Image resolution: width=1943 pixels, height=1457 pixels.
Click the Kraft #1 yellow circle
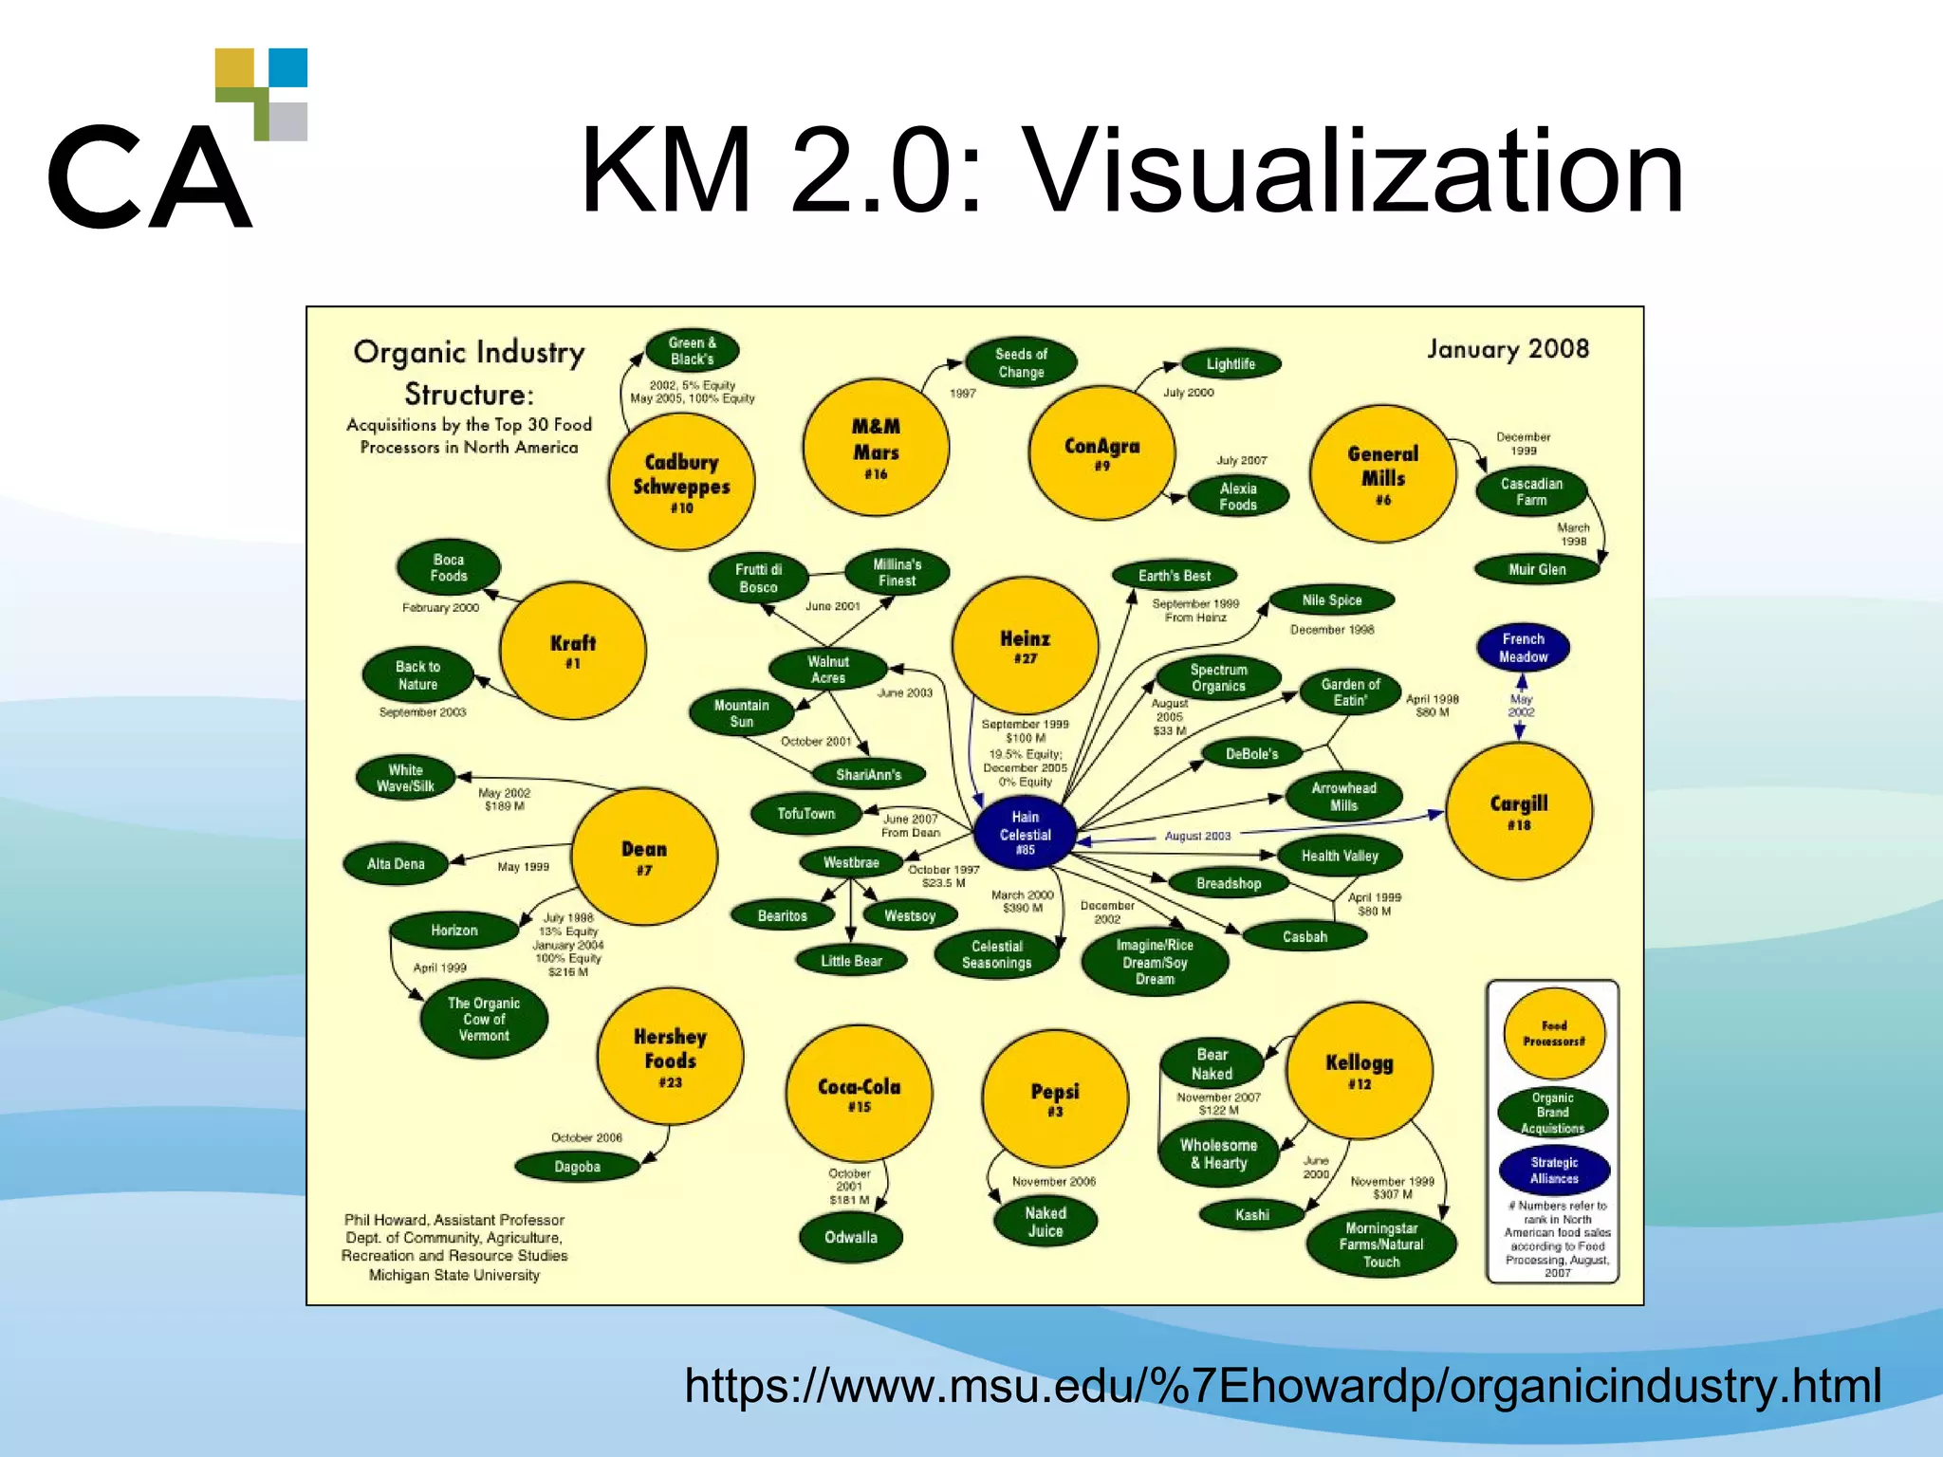tap(572, 651)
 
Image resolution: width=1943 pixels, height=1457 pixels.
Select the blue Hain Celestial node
tap(1025, 833)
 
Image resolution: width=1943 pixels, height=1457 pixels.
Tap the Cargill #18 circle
tap(1519, 811)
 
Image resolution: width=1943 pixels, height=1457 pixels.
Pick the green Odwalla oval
tap(851, 1237)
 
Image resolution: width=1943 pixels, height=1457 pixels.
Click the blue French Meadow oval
tap(1523, 648)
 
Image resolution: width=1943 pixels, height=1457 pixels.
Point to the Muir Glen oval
tap(1537, 569)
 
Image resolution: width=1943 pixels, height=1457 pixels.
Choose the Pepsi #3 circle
tap(1055, 1098)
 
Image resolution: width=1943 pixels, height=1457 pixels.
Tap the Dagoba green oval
tap(577, 1167)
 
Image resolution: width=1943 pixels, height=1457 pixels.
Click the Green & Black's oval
tap(692, 351)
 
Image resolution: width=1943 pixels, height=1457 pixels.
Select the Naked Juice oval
tap(1046, 1222)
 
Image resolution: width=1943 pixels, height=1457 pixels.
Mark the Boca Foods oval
tap(449, 567)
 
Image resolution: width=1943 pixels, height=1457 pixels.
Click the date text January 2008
tap(1508, 349)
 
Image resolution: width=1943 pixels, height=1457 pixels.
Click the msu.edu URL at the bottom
tap(1283, 1386)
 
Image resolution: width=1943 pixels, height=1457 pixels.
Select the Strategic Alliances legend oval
tap(1554, 1171)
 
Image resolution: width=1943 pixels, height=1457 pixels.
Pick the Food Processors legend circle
tap(1554, 1033)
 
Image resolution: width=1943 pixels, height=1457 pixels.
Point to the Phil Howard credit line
tap(453, 1220)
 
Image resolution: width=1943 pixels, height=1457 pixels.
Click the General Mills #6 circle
tap(1382, 473)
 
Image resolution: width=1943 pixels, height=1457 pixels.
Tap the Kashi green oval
tap(1251, 1214)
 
